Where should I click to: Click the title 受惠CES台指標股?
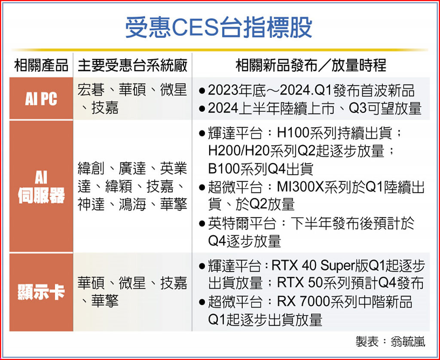point(219,27)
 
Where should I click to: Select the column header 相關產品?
point(41,65)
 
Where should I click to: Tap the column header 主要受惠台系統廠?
point(132,65)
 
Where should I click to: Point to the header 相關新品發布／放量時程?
point(311,65)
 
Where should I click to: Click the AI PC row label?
point(41,98)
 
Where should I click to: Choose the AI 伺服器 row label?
point(41,187)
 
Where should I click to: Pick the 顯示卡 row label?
point(41,292)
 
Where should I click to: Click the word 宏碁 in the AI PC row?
point(91,90)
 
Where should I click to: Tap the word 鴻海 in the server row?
point(132,204)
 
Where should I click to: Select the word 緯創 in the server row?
point(91,169)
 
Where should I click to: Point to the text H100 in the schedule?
point(293,133)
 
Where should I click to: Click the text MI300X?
point(300,187)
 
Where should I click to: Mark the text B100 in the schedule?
point(224,169)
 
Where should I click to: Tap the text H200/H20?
point(239,151)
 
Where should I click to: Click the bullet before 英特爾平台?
point(202,224)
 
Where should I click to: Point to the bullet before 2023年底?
point(202,91)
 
